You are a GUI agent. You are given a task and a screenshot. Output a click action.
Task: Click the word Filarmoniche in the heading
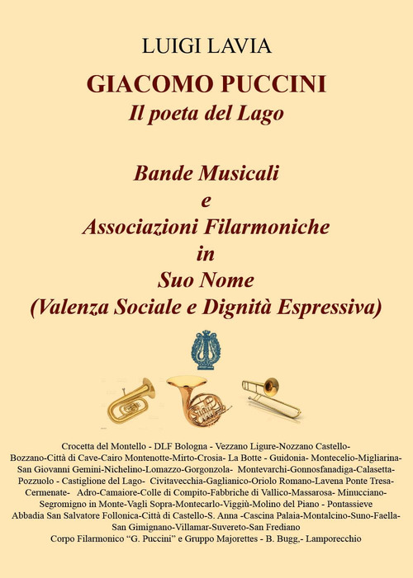pos(259,226)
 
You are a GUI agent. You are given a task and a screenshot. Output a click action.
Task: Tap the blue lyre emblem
pos(206,350)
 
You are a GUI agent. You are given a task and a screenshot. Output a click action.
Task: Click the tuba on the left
pos(131,400)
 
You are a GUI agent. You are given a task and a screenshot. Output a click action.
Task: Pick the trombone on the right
pos(272,396)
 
